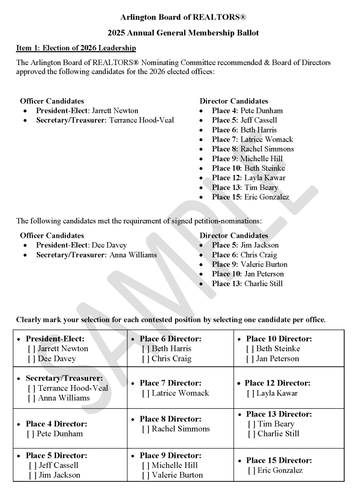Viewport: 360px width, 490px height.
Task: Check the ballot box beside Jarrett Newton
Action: point(32,349)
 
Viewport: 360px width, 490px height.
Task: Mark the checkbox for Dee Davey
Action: point(32,358)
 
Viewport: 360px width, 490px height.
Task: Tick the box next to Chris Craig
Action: point(146,358)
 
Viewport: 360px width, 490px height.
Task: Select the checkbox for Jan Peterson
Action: point(250,358)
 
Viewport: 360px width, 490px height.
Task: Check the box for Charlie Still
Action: point(251,434)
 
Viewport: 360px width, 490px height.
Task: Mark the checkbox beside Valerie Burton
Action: point(146,475)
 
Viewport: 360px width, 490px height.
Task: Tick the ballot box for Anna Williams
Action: point(32,398)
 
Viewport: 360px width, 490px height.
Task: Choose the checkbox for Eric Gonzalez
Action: point(251,470)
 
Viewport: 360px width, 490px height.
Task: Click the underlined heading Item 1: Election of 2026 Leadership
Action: point(76,48)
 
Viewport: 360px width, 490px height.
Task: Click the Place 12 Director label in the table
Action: point(277,383)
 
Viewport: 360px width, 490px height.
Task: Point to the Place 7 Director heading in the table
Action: point(170,383)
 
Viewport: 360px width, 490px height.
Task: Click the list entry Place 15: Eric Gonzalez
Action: point(250,197)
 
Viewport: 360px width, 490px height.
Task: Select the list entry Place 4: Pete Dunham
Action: point(247,111)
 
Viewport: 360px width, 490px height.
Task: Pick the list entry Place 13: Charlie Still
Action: point(247,283)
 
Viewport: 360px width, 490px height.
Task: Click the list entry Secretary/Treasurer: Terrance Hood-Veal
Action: point(105,120)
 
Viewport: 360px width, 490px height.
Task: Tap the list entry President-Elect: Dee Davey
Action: point(81,245)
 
